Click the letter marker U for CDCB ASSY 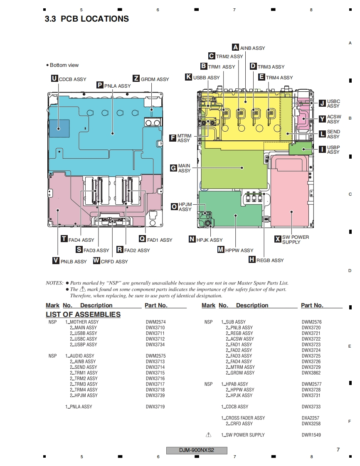pyautogui.click(x=54, y=78)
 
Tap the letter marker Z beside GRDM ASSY pyautogui.click(x=136, y=78)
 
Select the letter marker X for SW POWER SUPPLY pyautogui.click(x=278, y=239)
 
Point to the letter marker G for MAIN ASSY pyautogui.click(x=173, y=168)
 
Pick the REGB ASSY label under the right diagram pyautogui.click(x=270, y=260)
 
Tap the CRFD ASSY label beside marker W pyautogui.click(x=114, y=262)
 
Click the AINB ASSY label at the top pyautogui.click(x=252, y=48)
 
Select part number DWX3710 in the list pyautogui.click(x=155, y=328)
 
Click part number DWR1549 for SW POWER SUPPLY pyautogui.click(x=311, y=435)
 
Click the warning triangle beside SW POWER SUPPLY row pyautogui.click(x=209, y=435)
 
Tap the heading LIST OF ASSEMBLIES pyautogui.click(x=83, y=314)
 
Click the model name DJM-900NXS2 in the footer pyautogui.click(x=197, y=451)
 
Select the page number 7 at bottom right pyautogui.click(x=338, y=449)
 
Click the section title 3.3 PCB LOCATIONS pyautogui.click(x=87, y=19)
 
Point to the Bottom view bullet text pyautogui.click(x=64, y=65)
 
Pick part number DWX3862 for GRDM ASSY pyautogui.click(x=311, y=373)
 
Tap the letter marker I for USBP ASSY pyautogui.click(x=322, y=149)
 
